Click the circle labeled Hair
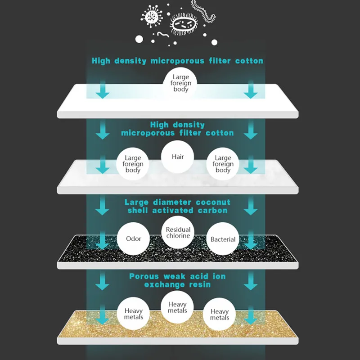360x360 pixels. [178, 157]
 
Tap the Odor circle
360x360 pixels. [133, 239]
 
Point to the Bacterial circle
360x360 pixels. [223, 239]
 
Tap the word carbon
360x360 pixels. [212, 210]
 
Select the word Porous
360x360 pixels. [144, 276]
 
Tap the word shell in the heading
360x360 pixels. [138, 210]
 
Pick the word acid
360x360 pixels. [198, 276]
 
